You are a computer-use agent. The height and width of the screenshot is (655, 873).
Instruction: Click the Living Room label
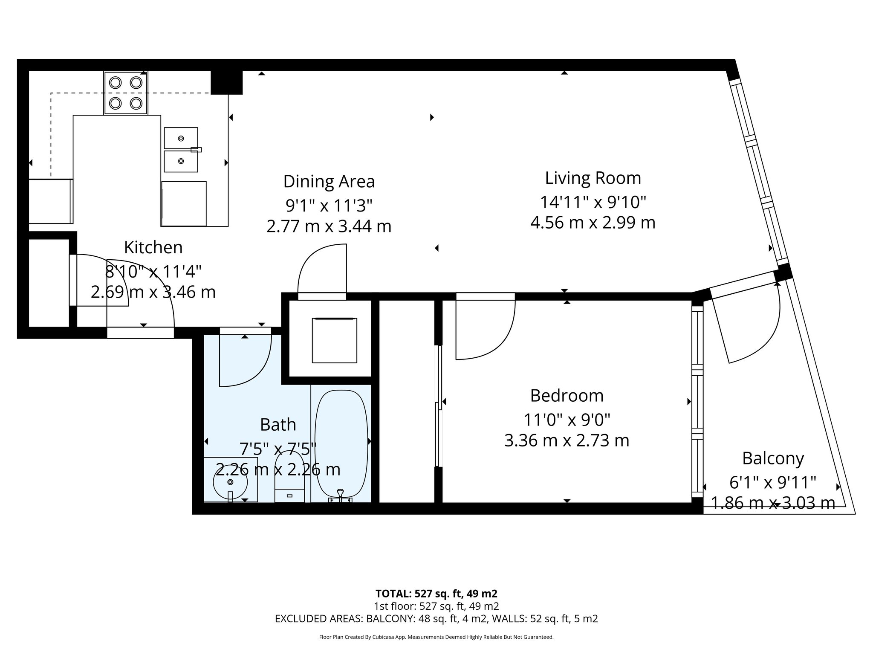point(593,178)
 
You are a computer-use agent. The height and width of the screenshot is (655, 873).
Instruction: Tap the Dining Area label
point(329,182)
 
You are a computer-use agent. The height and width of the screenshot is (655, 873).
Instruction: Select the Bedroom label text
point(567,396)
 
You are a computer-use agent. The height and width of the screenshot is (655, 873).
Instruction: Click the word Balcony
point(772,458)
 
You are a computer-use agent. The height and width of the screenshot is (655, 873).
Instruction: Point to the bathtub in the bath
point(341,443)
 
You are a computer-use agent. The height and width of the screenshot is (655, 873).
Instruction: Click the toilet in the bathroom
point(289,478)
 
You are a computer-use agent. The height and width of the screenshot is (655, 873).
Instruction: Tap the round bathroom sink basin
point(231,482)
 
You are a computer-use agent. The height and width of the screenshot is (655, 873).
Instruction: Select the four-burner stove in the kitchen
point(126,93)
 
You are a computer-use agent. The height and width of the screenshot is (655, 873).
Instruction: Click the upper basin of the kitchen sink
point(181,138)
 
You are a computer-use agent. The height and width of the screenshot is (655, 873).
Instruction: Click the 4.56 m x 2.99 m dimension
point(593,223)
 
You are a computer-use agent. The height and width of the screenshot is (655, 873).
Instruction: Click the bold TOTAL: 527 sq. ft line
point(436,593)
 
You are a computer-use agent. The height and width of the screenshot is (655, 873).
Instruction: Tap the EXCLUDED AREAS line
point(436,618)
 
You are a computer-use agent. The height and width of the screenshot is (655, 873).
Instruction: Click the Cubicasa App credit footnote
point(436,637)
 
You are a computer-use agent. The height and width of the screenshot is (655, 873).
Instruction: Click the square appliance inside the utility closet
point(334,340)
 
